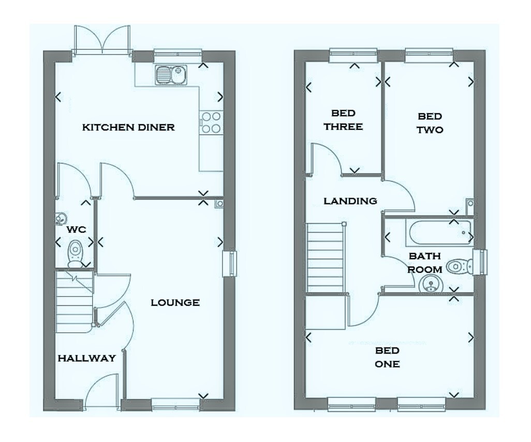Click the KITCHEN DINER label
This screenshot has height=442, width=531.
point(128,127)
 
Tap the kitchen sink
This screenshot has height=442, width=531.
point(171,75)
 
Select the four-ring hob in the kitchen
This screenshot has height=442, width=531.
point(211,123)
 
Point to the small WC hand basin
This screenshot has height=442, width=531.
point(60,218)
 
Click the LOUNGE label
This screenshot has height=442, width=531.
point(175,302)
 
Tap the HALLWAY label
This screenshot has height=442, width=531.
point(87,358)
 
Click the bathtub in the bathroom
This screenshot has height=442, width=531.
point(440,233)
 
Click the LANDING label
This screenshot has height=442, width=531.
point(350,201)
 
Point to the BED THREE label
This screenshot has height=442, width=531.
point(343,120)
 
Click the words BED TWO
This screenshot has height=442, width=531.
point(430,123)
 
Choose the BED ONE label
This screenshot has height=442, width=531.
point(387,357)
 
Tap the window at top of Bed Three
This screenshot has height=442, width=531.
point(353,55)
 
